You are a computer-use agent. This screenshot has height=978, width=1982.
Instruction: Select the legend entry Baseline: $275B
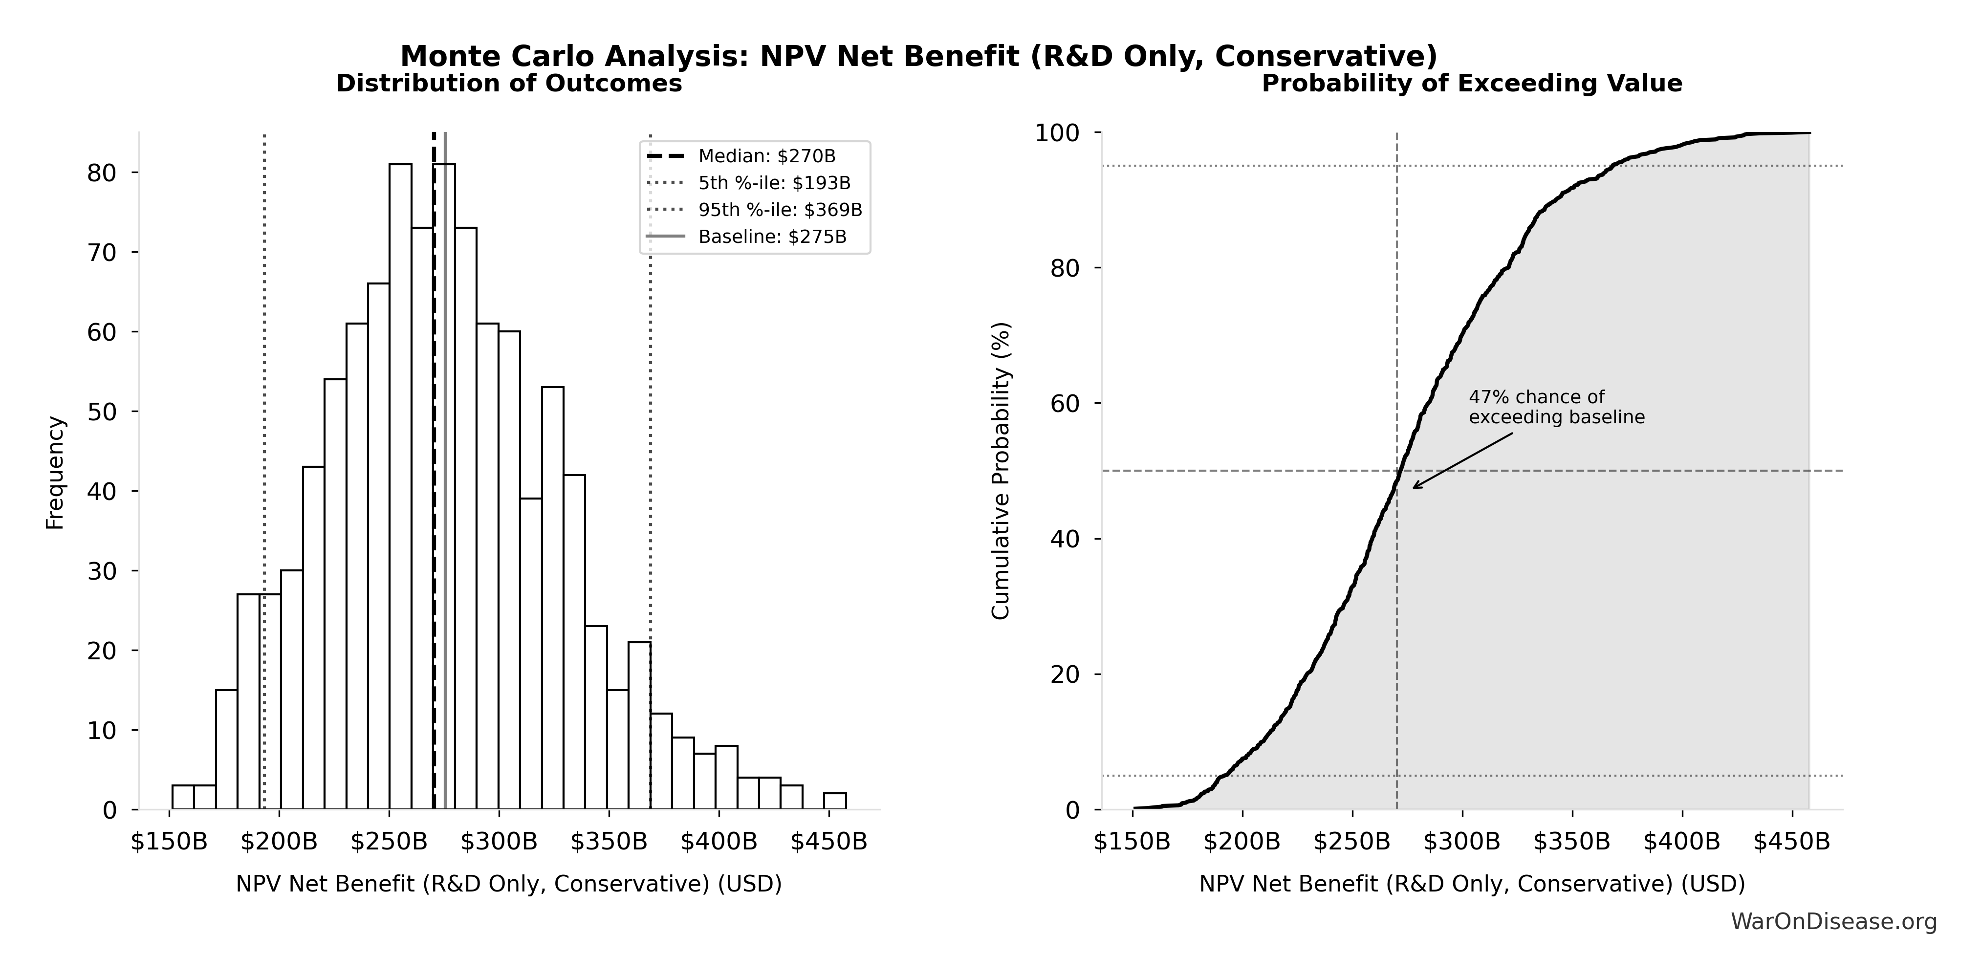pyautogui.click(x=772, y=237)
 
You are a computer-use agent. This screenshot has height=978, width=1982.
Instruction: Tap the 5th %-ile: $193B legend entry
pyautogui.click(x=773, y=183)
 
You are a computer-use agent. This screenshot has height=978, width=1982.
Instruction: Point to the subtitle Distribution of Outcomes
pyautogui.click(x=509, y=83)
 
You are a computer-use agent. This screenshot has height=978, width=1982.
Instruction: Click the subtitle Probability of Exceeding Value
pyautogui.click(x=1471, y=83)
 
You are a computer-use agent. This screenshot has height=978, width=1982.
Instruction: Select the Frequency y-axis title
pyautogui.click(x=55, y=473)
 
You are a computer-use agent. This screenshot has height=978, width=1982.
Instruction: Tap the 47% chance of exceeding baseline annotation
pyautogui.click(x=1556, y=407)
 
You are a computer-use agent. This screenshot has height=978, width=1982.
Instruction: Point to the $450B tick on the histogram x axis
pyautogui.click(x=828, y=842)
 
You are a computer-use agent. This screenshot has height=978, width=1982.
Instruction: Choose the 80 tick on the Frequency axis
pyautogui.click(x=101, y=173)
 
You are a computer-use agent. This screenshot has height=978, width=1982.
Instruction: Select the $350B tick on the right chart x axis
pyautogui.click(x=1571, y=842)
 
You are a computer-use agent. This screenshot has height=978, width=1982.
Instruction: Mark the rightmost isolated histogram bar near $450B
pyautogui.click(x=835, y=801)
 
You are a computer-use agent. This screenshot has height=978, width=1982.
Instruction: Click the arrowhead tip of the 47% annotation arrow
pyautogui.click(x=1414, y=488)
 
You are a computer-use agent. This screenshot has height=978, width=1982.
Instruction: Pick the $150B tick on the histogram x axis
pyautogui.click(x=169, y=842)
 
